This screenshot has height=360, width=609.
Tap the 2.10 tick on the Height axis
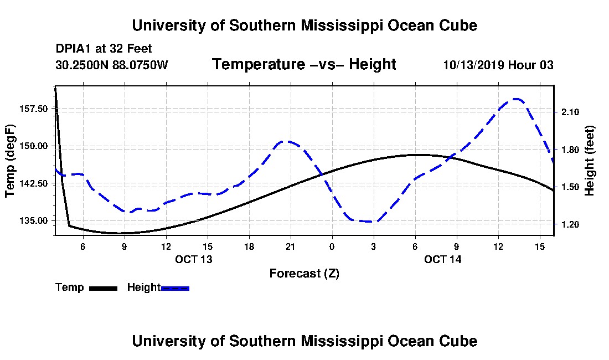tap(570, 112)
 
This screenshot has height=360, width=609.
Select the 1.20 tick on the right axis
tap(570, 224)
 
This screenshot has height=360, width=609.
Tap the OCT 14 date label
tap(443, 259)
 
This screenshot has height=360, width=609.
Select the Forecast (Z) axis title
tap(304, 274)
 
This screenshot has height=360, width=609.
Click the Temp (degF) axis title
tap(10, 161)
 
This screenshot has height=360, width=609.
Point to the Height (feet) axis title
tap(590, 161)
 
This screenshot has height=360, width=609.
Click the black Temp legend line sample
tap(103, 288)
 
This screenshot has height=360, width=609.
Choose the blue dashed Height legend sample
tap(175, 288)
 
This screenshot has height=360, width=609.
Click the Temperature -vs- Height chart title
tap(304, 65)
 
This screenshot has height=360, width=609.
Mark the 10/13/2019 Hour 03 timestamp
tap(498, 65)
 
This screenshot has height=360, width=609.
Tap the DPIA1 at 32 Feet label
tap(104, 49)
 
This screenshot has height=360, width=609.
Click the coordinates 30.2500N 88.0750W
tap(111, 65)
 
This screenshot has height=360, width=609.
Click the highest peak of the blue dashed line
tap(517, 99)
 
